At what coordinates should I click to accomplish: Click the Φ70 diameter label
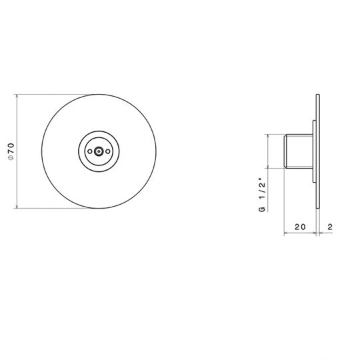pos(10,152)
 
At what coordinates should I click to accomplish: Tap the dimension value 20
pos(300,227)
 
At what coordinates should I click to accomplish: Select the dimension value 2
pos(330,227)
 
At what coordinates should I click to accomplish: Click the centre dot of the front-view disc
pos(99,152)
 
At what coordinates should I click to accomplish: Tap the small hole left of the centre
pos(89,152)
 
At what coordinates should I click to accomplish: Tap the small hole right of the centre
pos(109,152)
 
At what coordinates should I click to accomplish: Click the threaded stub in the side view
pos(297,151)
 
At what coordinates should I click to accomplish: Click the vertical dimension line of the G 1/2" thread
pos(269,151)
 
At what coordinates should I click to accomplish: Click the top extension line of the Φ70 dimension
pos(53,94)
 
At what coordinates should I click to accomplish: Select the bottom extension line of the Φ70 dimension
pos(53,210)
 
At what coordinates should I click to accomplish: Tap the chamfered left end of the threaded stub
pos(287,151)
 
